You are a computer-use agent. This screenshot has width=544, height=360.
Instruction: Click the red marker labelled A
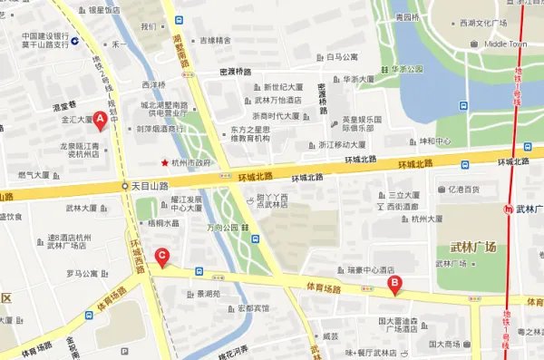[102, 118]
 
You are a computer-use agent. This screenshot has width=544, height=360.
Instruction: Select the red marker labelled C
[161, 257]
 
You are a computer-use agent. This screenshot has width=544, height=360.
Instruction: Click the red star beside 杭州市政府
[164, 163]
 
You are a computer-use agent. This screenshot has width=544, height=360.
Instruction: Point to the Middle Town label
[506, 44]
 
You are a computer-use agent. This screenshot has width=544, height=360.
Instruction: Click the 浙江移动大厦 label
[342, 144]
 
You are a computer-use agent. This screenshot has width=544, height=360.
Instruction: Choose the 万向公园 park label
[221, 227]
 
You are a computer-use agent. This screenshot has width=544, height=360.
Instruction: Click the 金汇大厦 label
[77, 119]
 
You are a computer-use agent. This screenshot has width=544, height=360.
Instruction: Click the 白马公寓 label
[342, 55]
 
